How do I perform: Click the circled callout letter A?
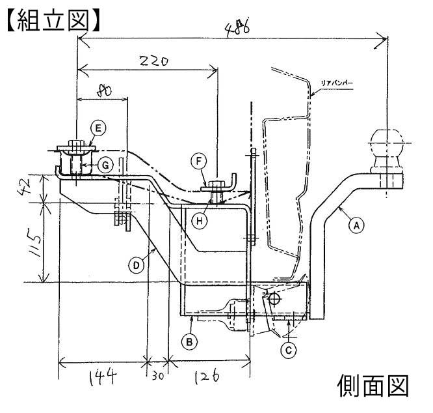tap(355, 225)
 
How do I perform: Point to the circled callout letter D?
tap(135, 265)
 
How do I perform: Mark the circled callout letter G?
tap(103, 165)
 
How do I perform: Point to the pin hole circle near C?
tap(274, 298)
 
